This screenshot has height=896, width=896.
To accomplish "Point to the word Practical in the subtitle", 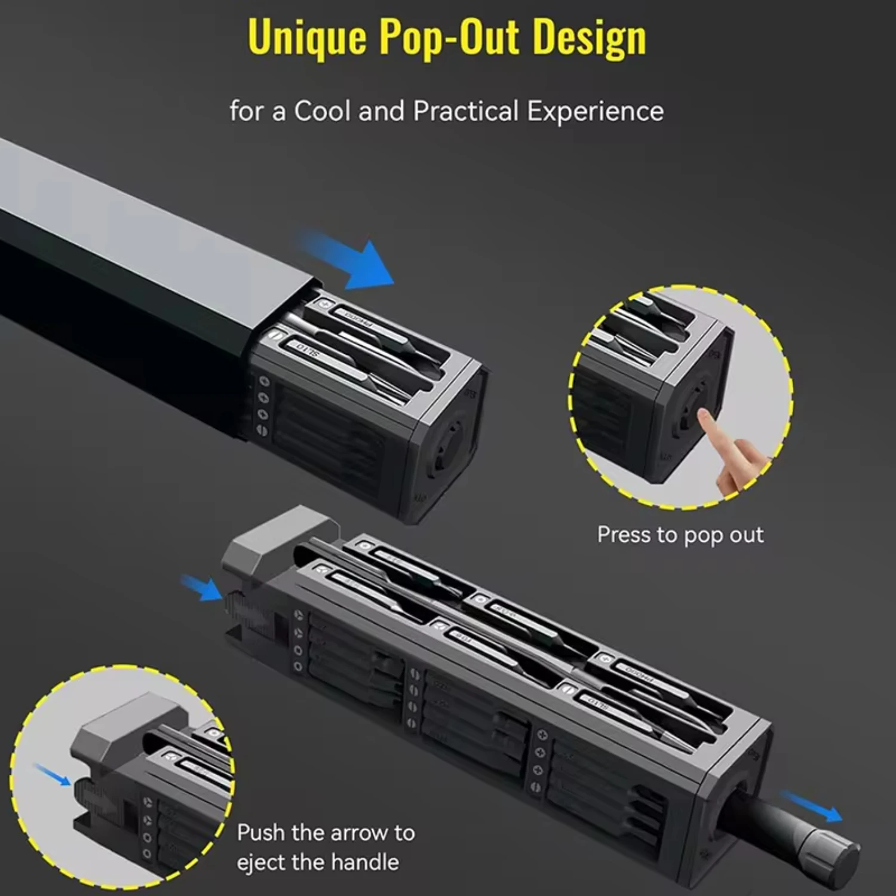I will (466, 112).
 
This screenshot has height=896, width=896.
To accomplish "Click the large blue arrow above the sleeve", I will (352, 261).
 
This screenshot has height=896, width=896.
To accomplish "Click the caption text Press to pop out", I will (680, 535).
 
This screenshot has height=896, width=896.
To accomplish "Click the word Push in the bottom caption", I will (266, 833).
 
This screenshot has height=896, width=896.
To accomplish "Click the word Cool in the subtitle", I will (322, 112).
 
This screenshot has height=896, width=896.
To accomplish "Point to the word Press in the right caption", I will (624, 535).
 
